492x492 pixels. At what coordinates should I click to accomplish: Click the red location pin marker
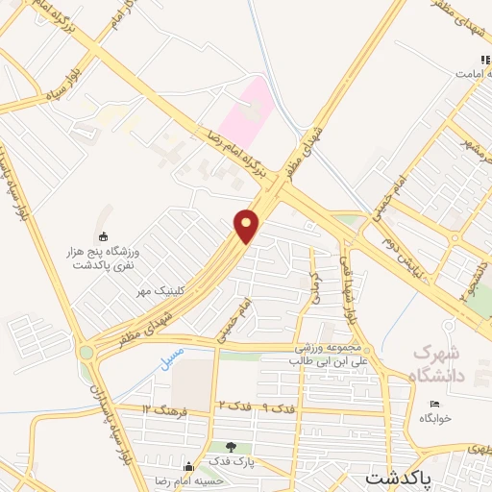(248, 226)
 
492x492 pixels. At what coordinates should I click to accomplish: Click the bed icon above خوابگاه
(434, 404)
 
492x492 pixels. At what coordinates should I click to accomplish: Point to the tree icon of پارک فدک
(230, 447)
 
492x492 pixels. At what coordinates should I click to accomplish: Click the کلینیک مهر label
(158, 288)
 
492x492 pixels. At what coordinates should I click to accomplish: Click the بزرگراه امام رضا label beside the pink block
(231, 154)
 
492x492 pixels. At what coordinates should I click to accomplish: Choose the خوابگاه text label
(434, 419)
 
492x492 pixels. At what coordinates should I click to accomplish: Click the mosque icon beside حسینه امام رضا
(189, 468)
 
